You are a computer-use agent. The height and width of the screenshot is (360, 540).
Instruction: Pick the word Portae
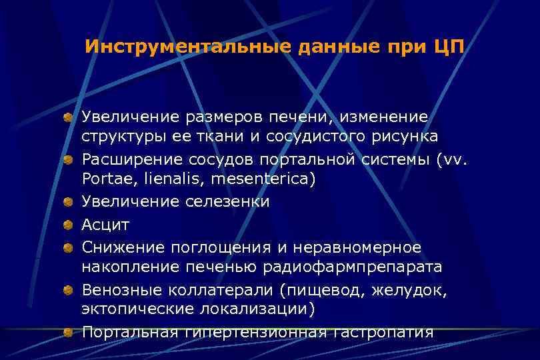click(103, 179)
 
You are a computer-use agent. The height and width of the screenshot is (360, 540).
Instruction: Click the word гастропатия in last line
click(382, 332)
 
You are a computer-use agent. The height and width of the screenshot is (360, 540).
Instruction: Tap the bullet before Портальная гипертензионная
click(68, 333)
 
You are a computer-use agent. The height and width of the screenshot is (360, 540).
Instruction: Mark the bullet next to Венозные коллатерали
click(68, 291)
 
